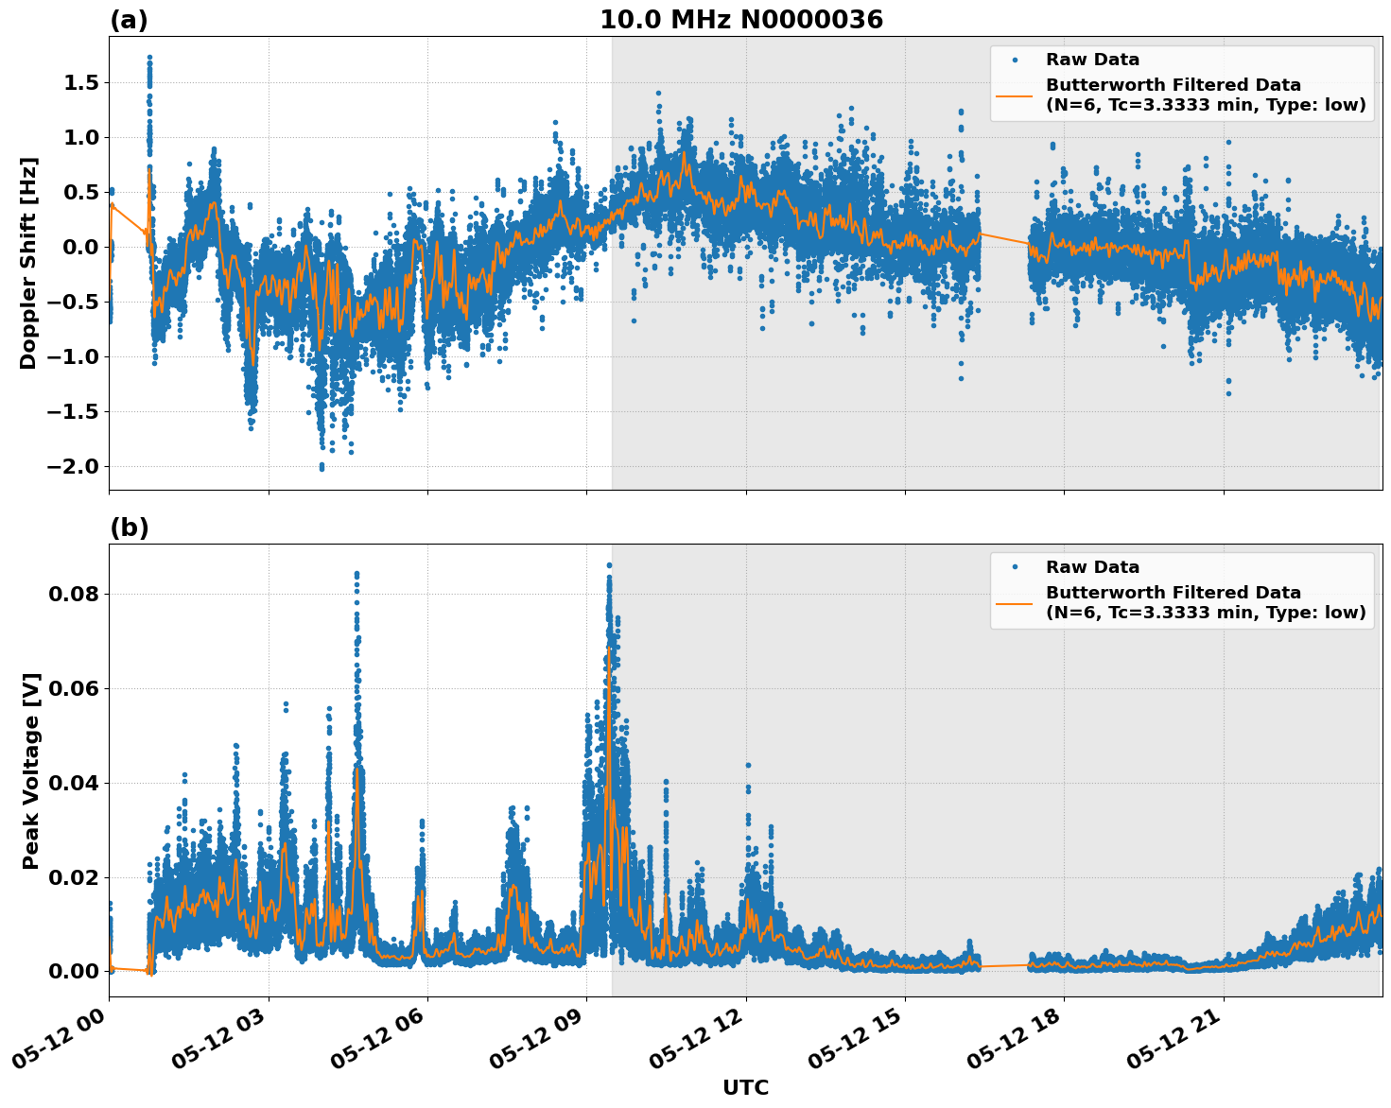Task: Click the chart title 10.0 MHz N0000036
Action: [x=740, y=20]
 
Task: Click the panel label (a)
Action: [x=129, y=20]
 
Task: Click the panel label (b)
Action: [x=129, y=528]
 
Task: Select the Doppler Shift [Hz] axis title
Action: [x=28, y=263]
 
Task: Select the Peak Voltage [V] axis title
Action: [x=31, y=770]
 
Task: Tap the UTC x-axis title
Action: [x=745, y=1087]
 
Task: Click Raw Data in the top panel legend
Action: [x=1092, y=60]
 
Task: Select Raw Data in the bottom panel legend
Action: [x=1092, y=567]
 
